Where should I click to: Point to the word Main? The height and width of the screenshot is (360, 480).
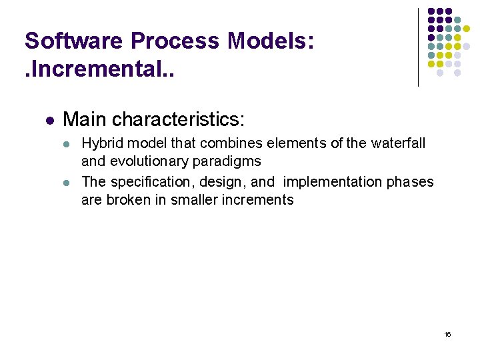85,120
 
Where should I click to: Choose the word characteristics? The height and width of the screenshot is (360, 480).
179,120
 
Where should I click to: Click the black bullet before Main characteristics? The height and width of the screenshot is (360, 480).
49,121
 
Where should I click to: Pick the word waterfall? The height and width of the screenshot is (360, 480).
398,143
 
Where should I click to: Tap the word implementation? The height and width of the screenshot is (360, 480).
332,182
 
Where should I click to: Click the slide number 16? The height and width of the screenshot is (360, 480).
447,334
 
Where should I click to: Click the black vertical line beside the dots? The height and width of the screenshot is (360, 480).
418,47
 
